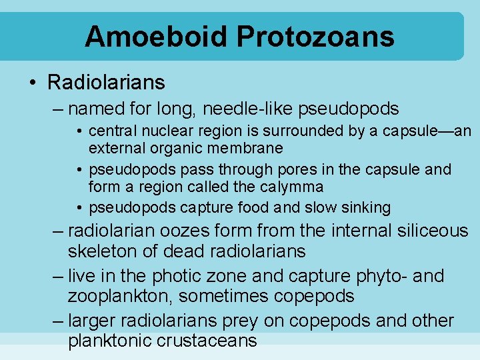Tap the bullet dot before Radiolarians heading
33,83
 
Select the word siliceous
429,231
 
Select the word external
120,147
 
